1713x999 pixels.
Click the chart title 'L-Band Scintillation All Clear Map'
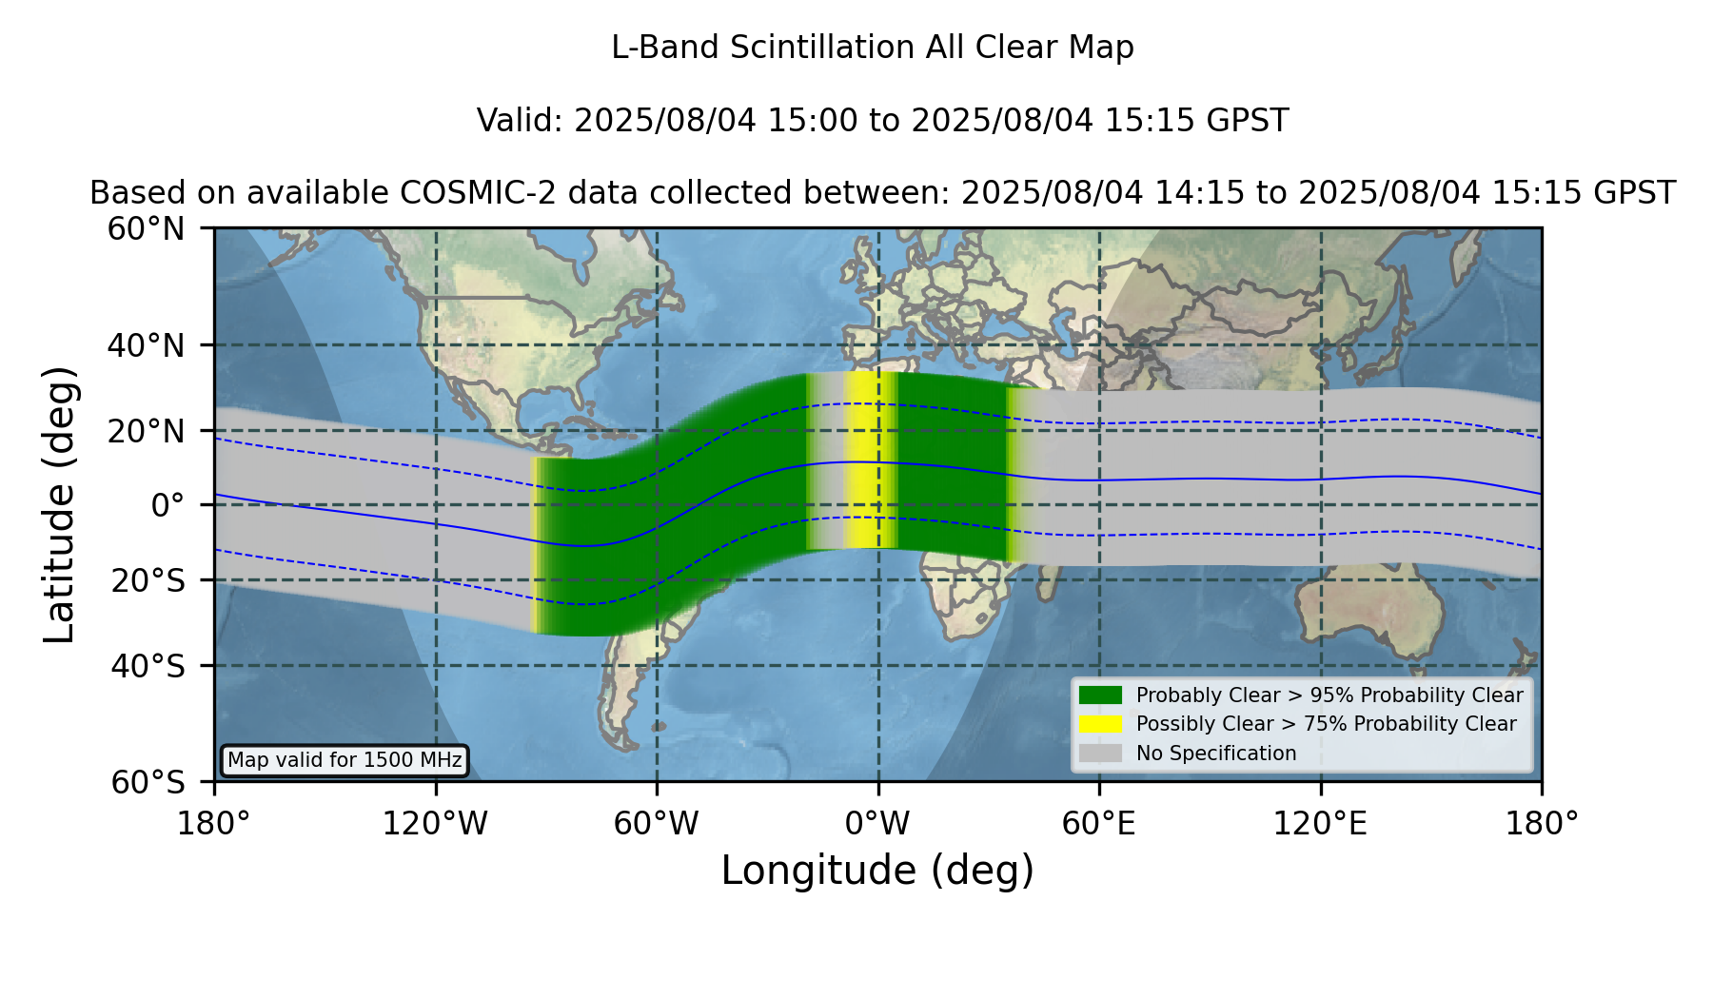873,48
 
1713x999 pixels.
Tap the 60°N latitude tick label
147,229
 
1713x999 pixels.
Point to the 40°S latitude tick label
148,666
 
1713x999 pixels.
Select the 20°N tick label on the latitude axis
147,431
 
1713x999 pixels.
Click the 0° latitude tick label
167,505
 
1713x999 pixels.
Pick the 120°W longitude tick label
435,824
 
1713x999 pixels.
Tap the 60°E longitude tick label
1099,824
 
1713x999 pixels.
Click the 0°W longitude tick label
877,824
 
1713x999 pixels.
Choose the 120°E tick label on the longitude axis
1320,824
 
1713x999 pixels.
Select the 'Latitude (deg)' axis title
59,504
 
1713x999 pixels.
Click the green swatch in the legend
1100,695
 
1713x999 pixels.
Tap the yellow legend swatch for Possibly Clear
1100,724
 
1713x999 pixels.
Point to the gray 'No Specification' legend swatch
1100,754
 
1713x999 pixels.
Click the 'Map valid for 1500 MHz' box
345,760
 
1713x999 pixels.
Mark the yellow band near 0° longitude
870,460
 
